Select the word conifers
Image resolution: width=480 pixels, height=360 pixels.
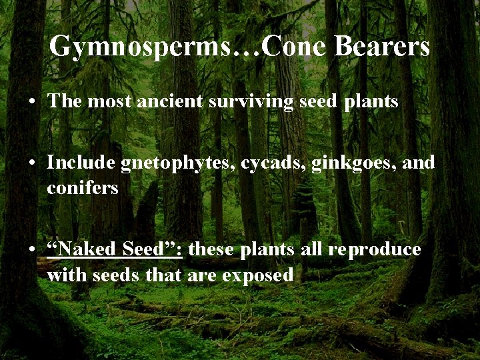pos(82,189)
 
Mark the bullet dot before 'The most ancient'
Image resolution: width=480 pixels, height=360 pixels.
pos(33,103)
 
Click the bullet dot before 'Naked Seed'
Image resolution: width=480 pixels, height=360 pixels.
pos(33,250)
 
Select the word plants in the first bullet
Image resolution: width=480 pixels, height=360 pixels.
pos(371,102)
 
